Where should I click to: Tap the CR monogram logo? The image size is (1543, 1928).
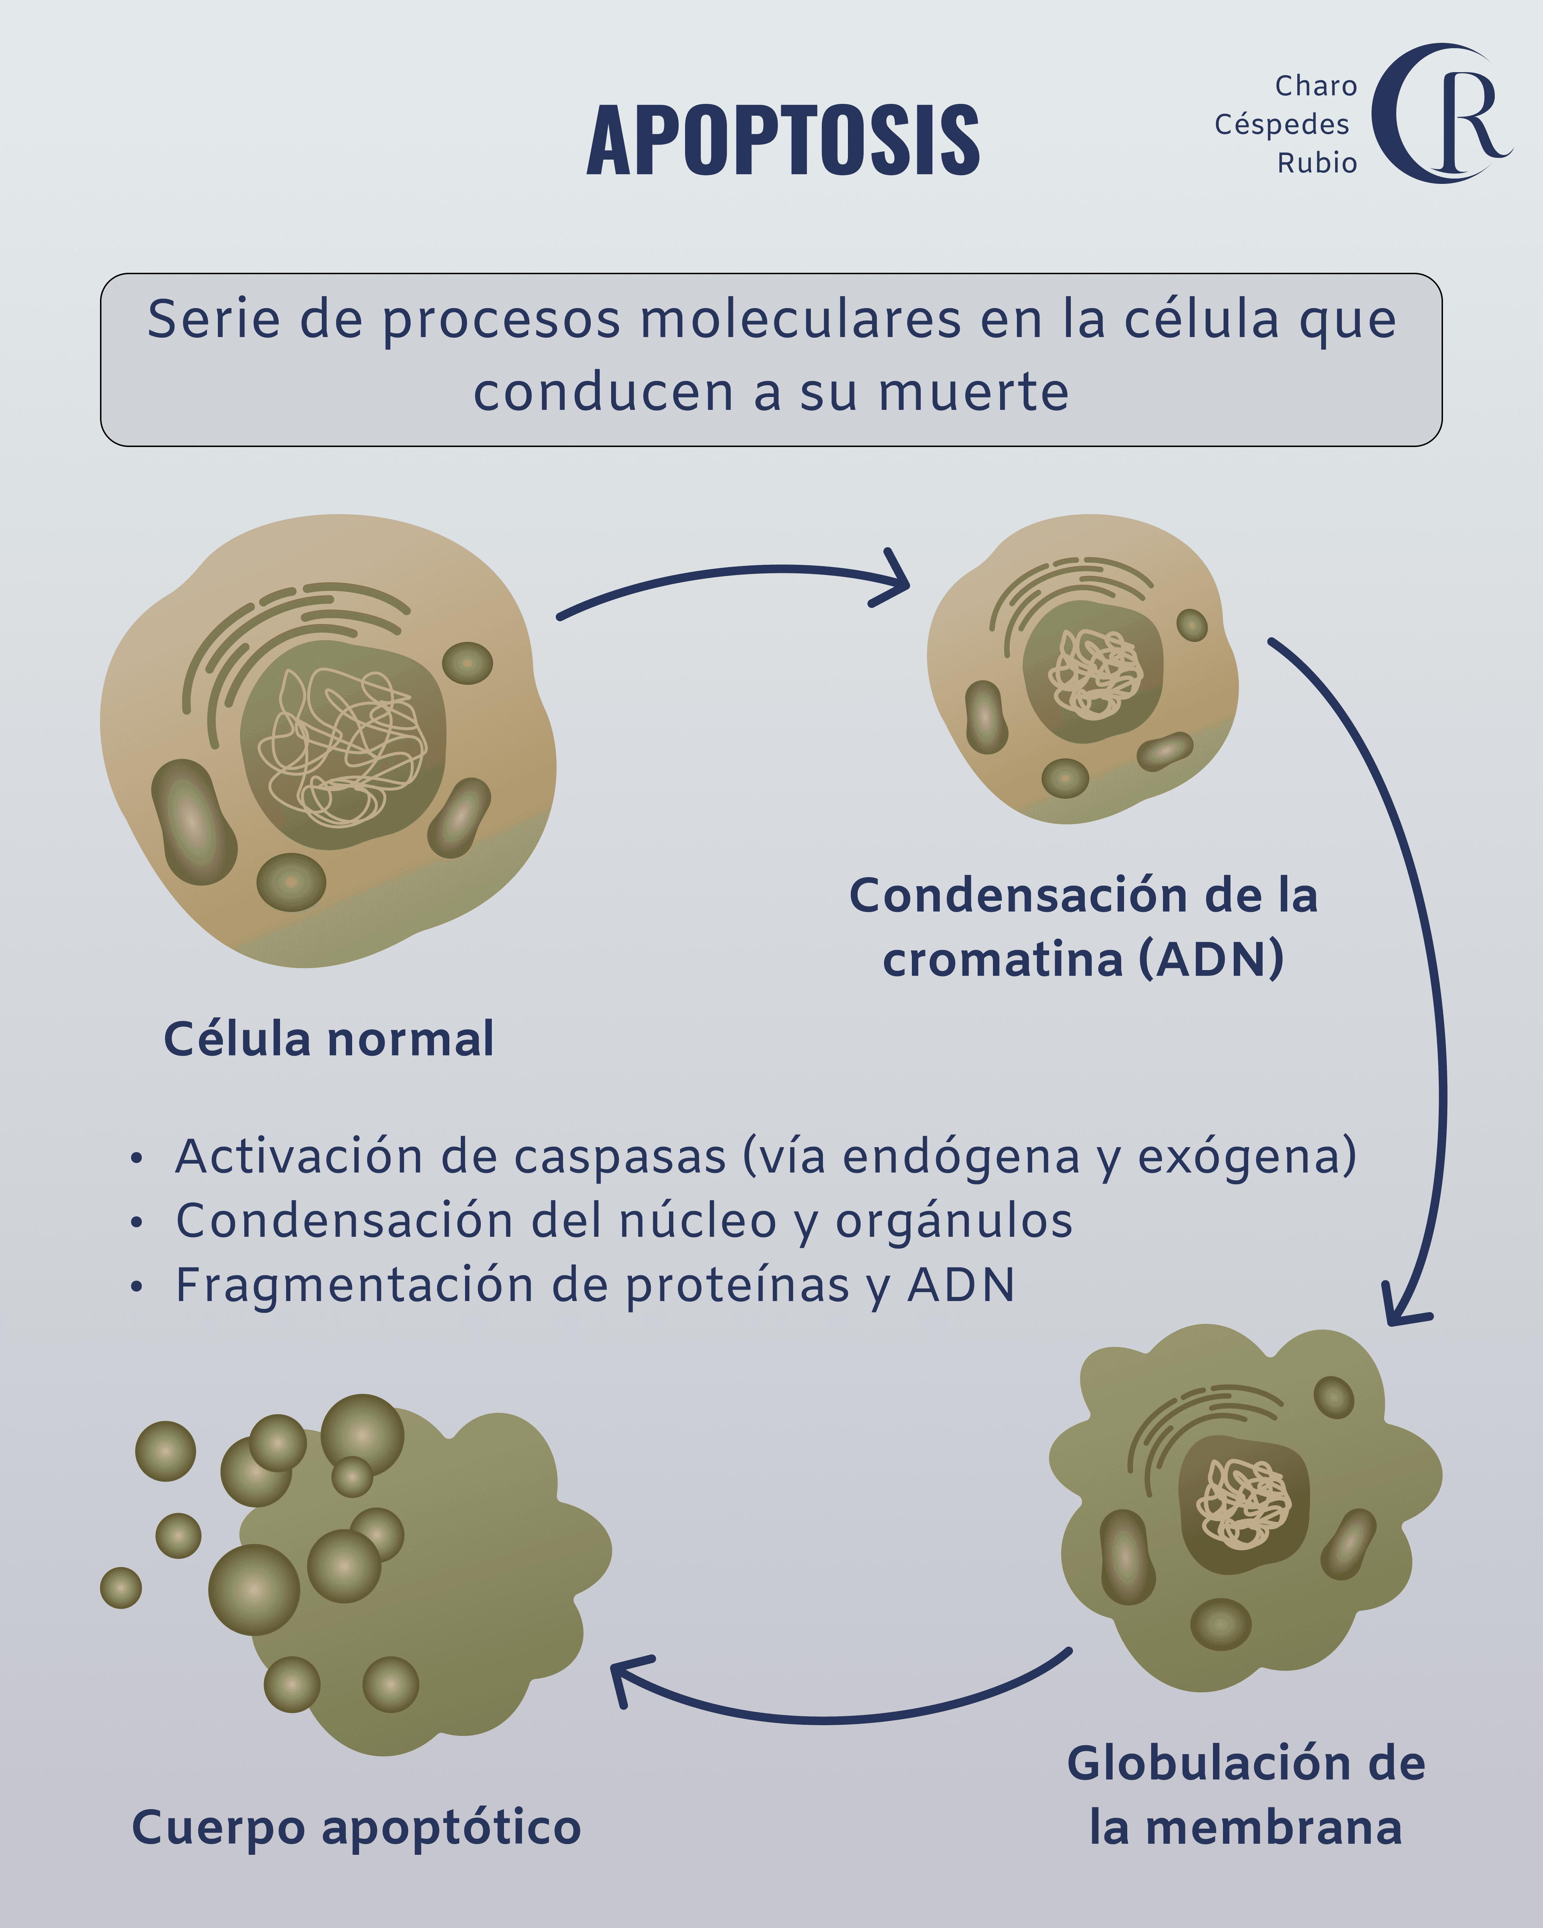[x=1440, y=114]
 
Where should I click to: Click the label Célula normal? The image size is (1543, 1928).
[x=328, y=1039]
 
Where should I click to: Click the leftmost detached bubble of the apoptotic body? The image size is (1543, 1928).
[x=121, y=1587]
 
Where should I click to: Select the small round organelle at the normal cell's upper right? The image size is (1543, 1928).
[x=467, y=663]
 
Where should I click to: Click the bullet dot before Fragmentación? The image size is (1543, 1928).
[x=136, y=1287]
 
